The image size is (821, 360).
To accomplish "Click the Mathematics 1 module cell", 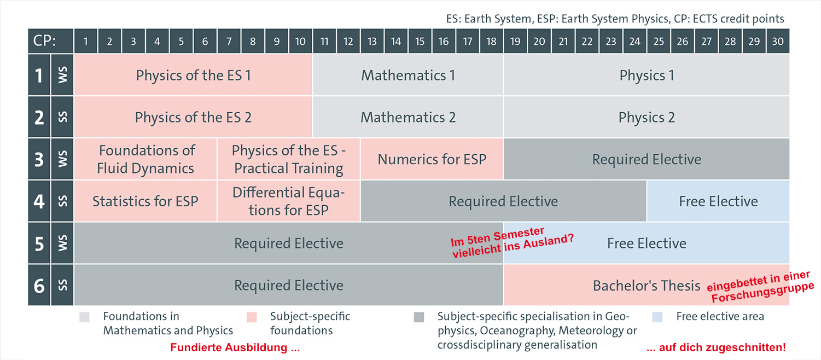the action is point(408,75).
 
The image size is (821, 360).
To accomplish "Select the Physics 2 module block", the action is point(647,117).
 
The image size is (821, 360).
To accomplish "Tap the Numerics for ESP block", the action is point(432,159).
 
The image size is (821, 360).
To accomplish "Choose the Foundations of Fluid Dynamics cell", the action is point(146,159).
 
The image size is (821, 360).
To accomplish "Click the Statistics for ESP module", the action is point(146,201).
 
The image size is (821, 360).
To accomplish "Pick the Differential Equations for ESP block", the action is point(289,201).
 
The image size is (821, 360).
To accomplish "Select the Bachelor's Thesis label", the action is point(647,286).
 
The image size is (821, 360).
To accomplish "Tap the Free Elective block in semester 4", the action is point(718,201).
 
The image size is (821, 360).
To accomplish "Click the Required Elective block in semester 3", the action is point(647,159).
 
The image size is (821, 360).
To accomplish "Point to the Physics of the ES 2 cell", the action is point(193,117).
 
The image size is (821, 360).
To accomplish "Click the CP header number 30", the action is point(778,41).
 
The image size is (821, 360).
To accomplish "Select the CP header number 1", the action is point(86,41).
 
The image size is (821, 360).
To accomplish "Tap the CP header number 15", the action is point(420,41).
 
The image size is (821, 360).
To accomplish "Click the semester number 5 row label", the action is point(39,243).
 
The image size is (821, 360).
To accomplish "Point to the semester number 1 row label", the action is point(39,76).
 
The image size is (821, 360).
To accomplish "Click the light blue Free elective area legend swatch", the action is point(657,317).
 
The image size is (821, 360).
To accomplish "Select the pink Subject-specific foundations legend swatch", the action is point(252,317).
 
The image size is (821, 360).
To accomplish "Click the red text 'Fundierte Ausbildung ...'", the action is point(235,347).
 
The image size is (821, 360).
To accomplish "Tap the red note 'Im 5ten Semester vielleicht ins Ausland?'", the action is point(511,242).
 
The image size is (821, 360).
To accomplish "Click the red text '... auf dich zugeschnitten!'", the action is point(716,347).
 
